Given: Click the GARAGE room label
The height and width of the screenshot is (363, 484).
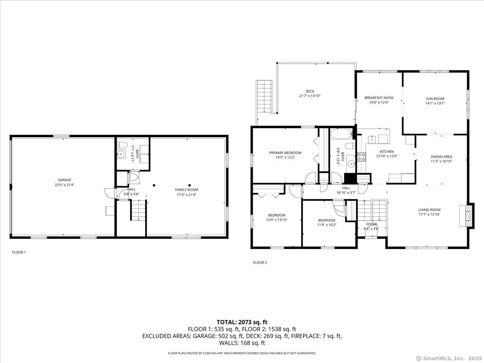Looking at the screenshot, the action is coord(65,180).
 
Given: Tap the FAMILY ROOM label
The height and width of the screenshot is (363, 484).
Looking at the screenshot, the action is coord(187,190).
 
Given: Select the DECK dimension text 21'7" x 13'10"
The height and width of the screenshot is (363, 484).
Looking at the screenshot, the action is coord(310,96).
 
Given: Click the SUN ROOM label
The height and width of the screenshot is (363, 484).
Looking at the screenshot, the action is coord(435,99).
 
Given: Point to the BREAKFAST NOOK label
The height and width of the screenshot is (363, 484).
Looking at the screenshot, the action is coord(379,98).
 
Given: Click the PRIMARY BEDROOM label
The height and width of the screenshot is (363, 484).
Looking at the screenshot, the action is coord(285,153).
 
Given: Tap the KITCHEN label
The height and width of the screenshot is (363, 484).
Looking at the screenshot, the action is coord(386,152).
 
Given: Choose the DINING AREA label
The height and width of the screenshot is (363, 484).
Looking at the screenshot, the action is coord(441,157).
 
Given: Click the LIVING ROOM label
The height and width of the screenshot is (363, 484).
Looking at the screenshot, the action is coord(429,210).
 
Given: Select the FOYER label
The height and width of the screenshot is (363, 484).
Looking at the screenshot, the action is coord(371,224).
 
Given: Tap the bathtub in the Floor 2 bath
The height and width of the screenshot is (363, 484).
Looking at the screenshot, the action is coord(341,134).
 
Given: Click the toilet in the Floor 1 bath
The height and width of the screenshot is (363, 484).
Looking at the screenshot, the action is coord(122,145).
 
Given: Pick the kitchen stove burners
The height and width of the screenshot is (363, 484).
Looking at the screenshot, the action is coord(361,157).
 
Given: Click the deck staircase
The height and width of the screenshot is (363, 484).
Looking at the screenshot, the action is coord(264,97).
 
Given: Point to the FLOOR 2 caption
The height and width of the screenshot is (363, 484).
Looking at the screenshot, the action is coord(260,263).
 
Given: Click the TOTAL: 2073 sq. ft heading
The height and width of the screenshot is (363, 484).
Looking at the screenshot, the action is coord(242,322).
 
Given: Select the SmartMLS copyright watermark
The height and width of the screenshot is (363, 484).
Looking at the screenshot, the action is coord(449,358).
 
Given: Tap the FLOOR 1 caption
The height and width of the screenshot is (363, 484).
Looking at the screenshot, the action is coord(19,252).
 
